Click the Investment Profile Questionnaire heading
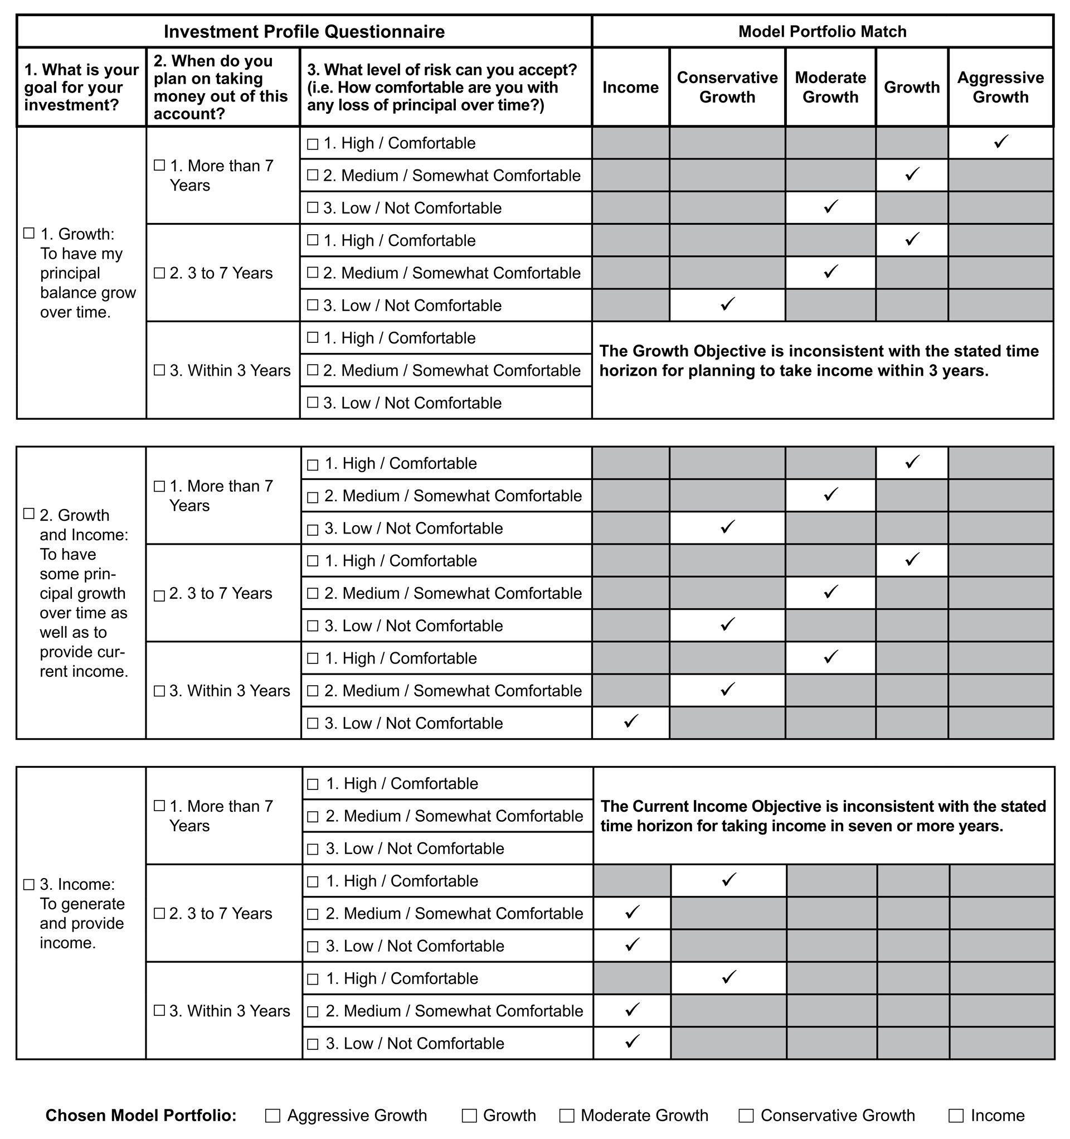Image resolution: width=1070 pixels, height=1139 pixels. coord(304,32)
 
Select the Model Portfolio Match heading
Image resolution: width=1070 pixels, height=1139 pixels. coord(822,32)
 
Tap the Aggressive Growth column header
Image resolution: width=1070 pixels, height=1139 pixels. coord(1000,87)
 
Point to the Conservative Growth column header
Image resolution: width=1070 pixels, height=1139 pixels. coord(727,87)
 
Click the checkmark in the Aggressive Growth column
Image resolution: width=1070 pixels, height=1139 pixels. coord(1001,142)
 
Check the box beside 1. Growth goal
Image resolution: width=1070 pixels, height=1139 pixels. coord(28,233)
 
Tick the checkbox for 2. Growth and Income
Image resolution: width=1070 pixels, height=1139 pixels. coord(28,514)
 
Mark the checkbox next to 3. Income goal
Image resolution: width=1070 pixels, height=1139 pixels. coord(28,885)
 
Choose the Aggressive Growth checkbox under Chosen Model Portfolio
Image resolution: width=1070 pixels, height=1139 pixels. coord(273,1116)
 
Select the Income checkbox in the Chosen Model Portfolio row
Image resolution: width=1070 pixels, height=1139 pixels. coord(955,1116)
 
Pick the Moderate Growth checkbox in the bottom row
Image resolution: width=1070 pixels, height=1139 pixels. coord(567,1116)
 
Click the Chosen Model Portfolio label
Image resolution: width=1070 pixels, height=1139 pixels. coord(141,1116)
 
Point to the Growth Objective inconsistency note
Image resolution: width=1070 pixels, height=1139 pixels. coord(819,361)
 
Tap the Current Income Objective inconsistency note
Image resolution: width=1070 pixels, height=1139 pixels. coord(823,816)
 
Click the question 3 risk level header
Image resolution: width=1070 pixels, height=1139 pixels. coord(441,87)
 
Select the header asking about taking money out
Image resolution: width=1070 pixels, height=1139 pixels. coord(221,87)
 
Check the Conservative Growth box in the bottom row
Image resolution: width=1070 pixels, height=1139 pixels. coord(746,1116)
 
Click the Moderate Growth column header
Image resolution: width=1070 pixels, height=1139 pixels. coord(830,87)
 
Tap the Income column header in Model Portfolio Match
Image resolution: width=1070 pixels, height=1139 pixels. coord(630,87)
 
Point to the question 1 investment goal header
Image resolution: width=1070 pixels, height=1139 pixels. coord(81,87)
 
